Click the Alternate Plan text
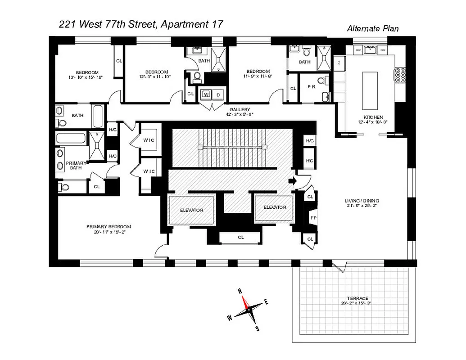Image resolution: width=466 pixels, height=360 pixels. tap(372, 28)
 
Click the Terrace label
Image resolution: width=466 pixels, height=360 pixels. tap(358, 298)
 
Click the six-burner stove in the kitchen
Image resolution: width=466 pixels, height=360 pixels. tap(400, 76)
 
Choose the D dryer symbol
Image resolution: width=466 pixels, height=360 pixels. tap(218, 95)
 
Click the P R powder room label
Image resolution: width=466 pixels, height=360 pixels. tap(311, 86)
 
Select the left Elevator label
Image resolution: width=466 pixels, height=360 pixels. tap(191, 210)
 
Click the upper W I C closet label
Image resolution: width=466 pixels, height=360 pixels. tap(149, 140)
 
